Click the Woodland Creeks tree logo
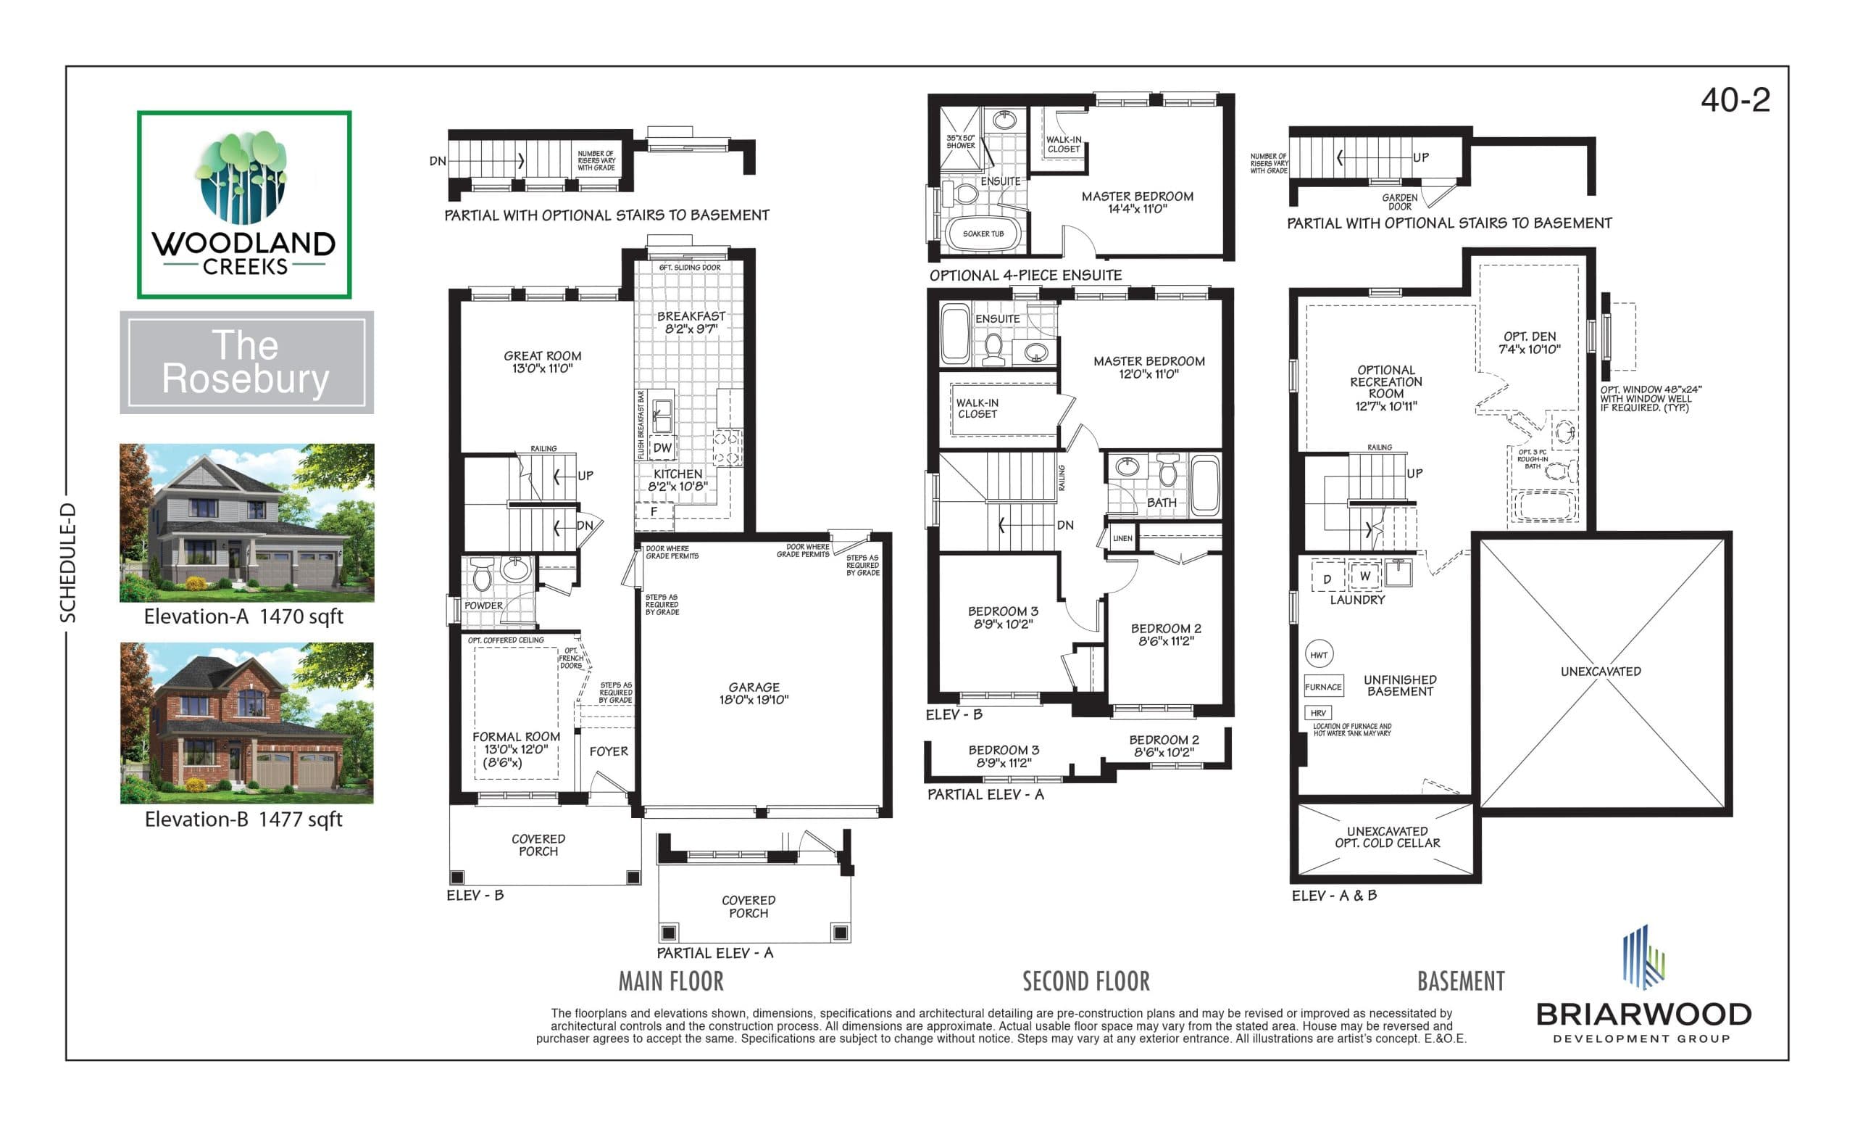click(x=243, y=178)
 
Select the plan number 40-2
click(x=1735, y=100)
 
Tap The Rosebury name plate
click(x=246, y=363)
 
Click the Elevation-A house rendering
click(x=246, y=522)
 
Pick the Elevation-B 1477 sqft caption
click(x=243, y=819)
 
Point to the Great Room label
click(x=542, y=362)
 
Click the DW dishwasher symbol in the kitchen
click(x=662, y=447)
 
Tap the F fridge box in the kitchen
click(x=654, y=511)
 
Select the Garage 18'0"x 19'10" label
click(x=754, y=693)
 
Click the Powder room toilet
click(x=482, y=576)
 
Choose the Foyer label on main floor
click(x=608, y=751)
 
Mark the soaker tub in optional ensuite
click(x=983, y=234)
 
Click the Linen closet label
click(x=1122, y=538)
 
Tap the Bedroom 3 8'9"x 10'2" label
click(x=1003, y=618)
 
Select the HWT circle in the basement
click(x=1318, y=655)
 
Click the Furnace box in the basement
click(x=1322, y=686)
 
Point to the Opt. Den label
click(x=1529, y=343)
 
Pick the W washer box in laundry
click(x=1364, y=577)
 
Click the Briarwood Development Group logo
click(x=1643, y=987)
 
